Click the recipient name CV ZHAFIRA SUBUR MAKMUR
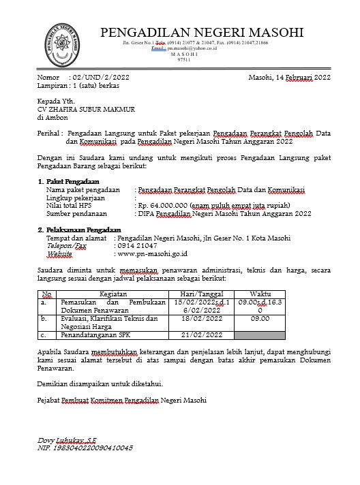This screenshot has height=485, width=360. (x=76, y=109)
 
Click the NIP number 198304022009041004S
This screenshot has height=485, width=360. (x=85, y=448)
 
